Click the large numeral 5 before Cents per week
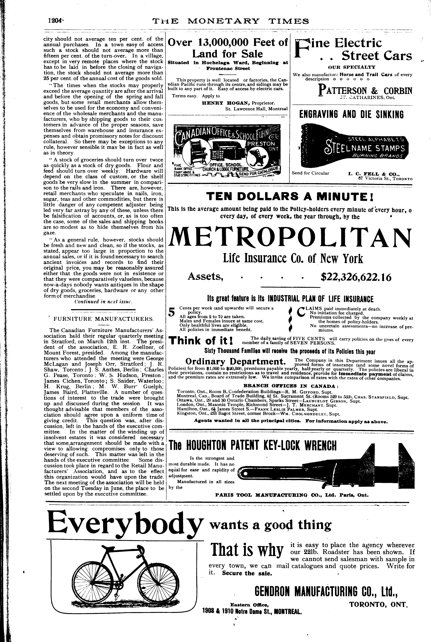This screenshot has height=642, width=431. pos(172,313)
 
